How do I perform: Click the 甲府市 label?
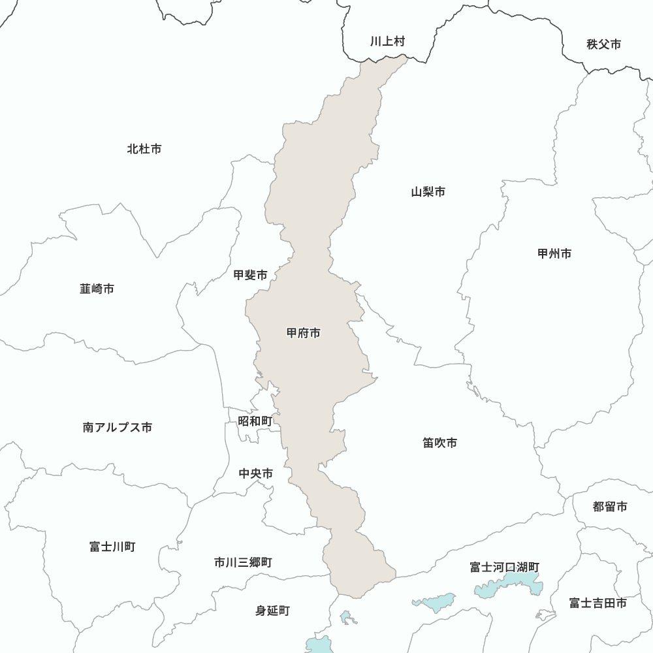[304, 333]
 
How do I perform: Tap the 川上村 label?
[387, 41]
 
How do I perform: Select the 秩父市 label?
[603, 44]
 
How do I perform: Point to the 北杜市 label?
[144, 149]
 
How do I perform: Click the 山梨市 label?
[428, 192]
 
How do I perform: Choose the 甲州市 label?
[554, 253]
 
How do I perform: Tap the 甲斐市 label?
[250, 276]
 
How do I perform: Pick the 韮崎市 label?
[97, 288]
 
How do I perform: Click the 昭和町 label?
[255, 421]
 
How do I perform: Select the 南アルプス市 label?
[118, 428]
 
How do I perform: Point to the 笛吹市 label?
[439, 443]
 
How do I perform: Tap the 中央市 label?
[256, 473]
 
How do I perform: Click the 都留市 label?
[610, 507]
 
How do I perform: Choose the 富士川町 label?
[112, 547]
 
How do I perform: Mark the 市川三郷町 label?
[243, 562]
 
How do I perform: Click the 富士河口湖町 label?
[505, 567]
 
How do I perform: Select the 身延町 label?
[272, 611]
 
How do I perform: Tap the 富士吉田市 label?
[597, 603]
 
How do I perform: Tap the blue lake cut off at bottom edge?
[319, 645]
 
